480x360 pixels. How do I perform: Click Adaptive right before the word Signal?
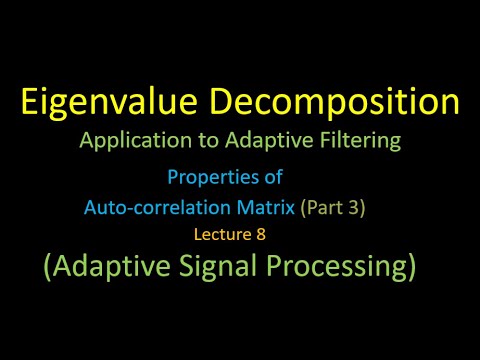(113, 267)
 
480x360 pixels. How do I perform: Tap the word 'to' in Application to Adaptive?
(212, 141)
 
